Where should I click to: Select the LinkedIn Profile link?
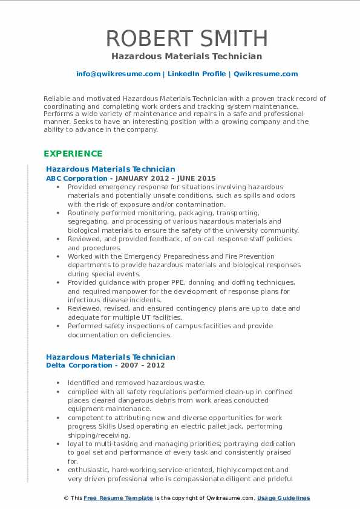[197, 74]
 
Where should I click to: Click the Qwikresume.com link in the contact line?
[266, 74]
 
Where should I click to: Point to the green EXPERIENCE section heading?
[73, 154]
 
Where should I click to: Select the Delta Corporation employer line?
[74, 366]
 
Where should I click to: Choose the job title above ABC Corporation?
[111, 169]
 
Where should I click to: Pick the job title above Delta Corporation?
[111, 357]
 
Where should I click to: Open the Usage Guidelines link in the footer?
[283, 498]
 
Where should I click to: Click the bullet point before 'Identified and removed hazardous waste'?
[57, 383]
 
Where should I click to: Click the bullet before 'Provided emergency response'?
[57, 187]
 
